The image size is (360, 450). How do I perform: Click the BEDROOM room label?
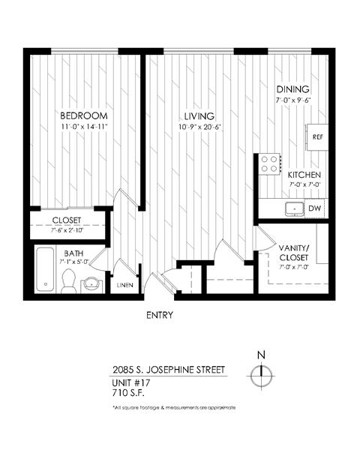(84, 116)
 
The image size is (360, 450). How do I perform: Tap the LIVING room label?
(199, 116)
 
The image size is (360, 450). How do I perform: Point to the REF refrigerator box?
(316, 138)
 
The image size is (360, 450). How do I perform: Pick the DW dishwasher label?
(315, 208)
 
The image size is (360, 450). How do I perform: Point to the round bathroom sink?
(93, 283)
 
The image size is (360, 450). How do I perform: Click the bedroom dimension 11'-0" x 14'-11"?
(84, 127)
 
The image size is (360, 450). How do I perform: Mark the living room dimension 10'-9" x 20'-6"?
(199, 127)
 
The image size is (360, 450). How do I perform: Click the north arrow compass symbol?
(261, 371)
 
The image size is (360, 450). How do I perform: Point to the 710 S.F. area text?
(127, 391)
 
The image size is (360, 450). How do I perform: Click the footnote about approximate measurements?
(172, 407)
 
